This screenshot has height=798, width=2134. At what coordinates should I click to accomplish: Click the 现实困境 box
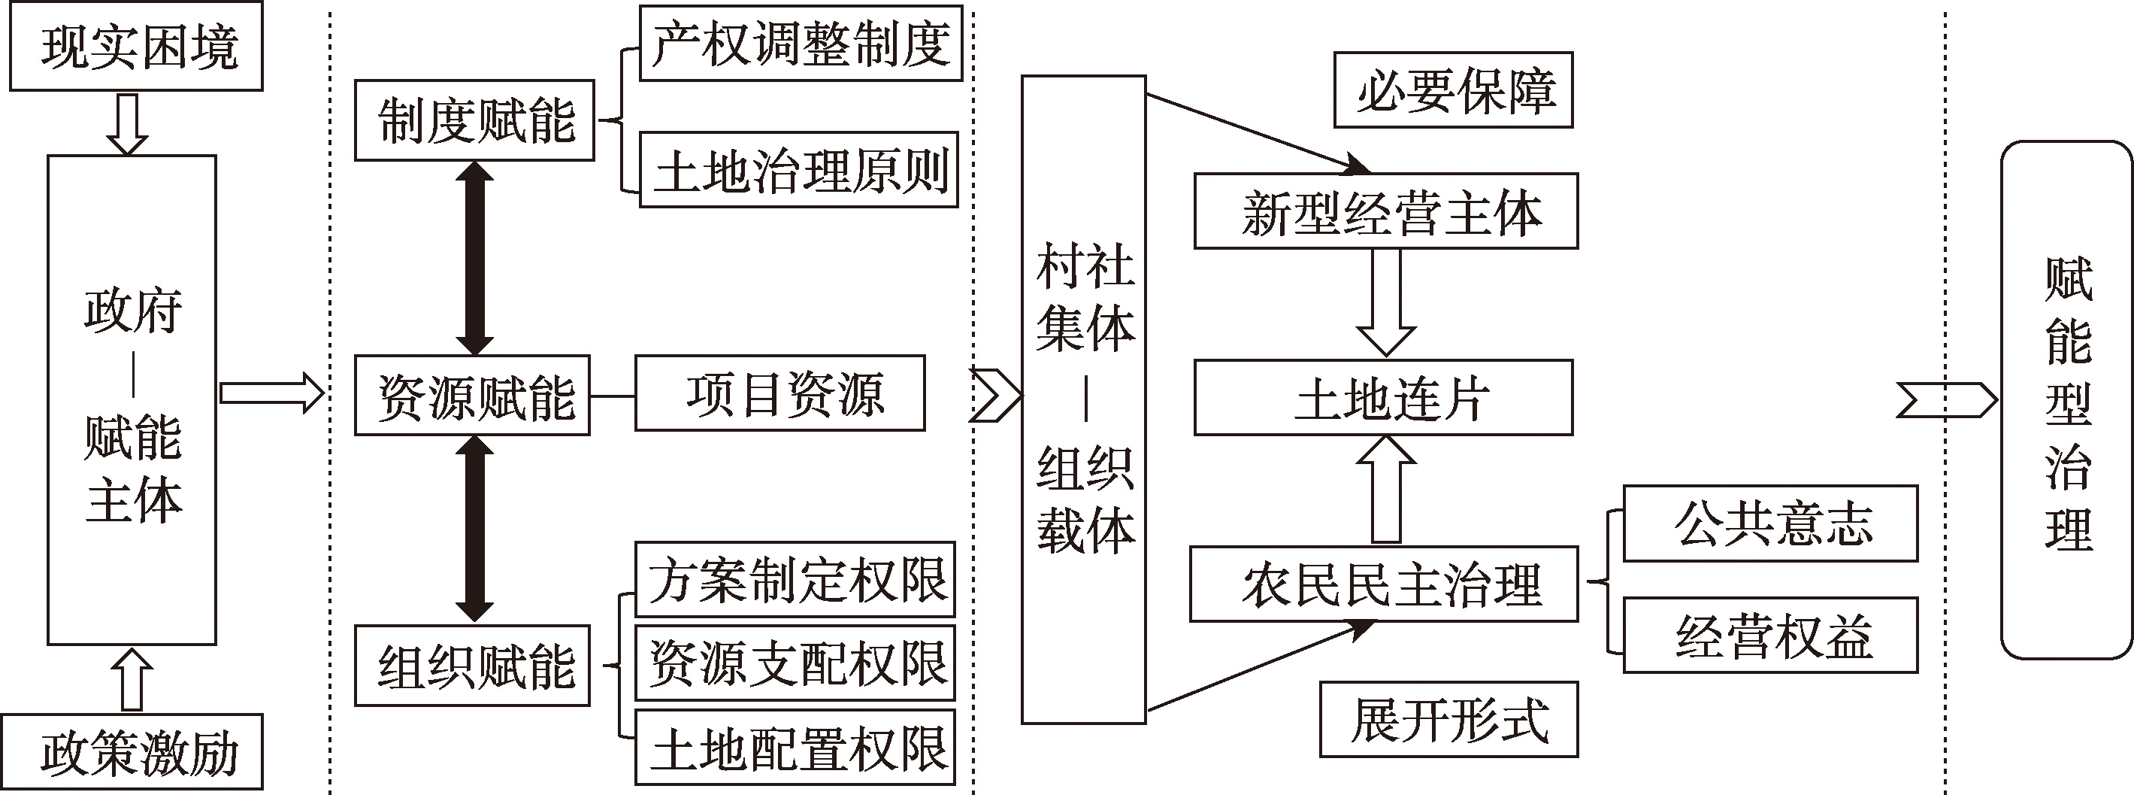tap(136, 47)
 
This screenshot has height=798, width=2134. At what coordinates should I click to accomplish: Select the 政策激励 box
tap(136, 751)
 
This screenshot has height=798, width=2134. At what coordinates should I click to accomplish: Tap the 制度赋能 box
tap(475, 120)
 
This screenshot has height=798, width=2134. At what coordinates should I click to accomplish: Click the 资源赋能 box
tap(472, 396)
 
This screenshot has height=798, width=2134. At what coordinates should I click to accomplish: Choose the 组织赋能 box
tap(472, 666)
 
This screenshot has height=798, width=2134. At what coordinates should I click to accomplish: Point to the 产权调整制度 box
tap(801, 44)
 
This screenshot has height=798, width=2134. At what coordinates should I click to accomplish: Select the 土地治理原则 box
tap(798, 170)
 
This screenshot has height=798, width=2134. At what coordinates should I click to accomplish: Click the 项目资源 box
tap(779, 393)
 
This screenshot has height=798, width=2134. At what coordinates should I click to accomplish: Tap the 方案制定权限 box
tap(795, 579)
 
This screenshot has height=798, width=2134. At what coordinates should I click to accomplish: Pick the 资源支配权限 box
tap(795, 663)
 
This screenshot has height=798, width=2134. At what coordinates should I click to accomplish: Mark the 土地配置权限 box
tap(795, 748)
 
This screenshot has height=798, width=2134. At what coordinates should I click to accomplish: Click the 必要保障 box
tap(1453, 90)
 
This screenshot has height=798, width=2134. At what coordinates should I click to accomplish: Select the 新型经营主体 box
tap(1386, 211)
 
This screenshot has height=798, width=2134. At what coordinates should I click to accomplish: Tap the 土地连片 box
tap(1384, 398)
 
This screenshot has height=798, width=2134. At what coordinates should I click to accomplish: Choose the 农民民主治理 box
tap(1385, 584)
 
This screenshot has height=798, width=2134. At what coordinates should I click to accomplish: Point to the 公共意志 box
tap(1770, 523)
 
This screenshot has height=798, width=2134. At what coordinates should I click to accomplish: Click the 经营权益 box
tap(1770, 636)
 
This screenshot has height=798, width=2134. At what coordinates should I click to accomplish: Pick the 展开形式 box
tap(1449, 719)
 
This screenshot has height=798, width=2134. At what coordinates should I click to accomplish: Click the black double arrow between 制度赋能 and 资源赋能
tap(475, 258)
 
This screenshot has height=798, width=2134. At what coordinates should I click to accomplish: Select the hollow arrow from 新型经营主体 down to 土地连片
tap(1386, 302)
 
